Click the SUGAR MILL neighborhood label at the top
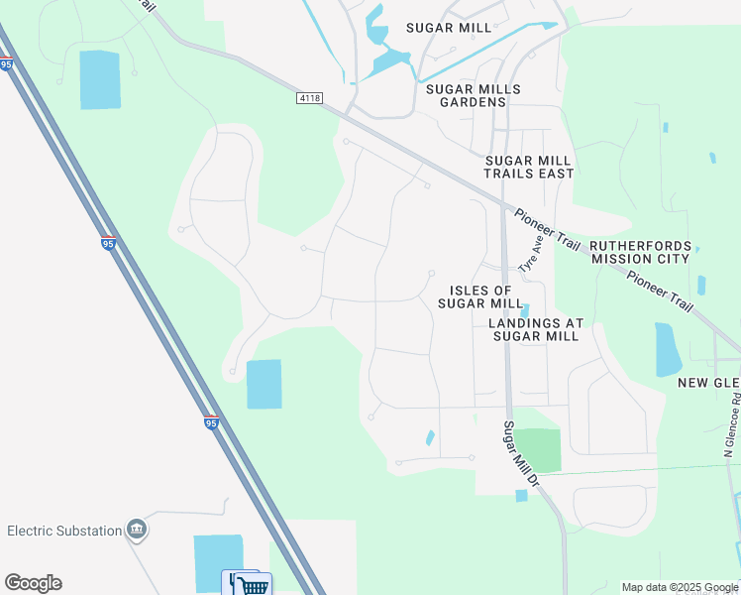pos(448,28)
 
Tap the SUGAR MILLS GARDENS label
pos(473,95)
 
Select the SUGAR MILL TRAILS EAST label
pos(528,167)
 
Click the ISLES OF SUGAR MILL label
pos(480,296)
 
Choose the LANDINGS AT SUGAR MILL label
pos(535,329)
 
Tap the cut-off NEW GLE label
pos(708,383)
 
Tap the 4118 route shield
pos(311,98)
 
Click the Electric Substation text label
pos(63,531)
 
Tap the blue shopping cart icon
pos(252,584)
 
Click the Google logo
pos(33,583)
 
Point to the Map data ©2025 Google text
pos(679,587)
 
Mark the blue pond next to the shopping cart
pos(218,561)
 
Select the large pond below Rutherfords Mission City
pos(669,349)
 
